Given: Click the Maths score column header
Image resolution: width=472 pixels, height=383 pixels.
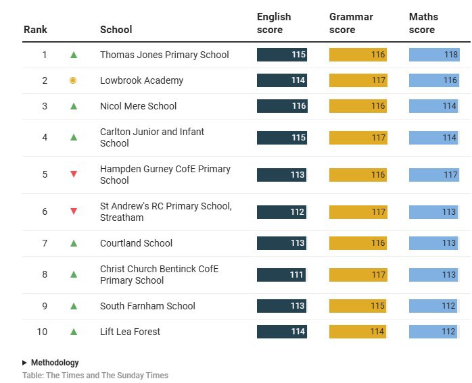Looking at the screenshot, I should (423, 23).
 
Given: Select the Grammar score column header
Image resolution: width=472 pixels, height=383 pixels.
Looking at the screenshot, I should (351, 23).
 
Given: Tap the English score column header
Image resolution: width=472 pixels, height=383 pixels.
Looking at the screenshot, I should (274, 23).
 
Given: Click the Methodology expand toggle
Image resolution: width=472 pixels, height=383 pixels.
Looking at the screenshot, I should (51, 363).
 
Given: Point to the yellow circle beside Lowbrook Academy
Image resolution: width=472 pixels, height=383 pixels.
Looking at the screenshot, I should (73, 80).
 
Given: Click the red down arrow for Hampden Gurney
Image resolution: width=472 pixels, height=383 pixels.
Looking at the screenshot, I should (74, 174).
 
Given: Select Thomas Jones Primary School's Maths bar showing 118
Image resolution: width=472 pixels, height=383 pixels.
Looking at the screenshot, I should (434, 55).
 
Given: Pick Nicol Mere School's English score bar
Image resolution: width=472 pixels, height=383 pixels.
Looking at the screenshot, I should (282, 106).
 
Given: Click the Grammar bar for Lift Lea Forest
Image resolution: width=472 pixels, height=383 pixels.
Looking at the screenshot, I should (357, 332).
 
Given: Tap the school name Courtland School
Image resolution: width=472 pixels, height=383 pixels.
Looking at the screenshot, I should (136, 243).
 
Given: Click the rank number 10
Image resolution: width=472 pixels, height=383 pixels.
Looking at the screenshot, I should (43, 332).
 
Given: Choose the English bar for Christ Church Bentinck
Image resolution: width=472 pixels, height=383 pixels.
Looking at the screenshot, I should (281, 275).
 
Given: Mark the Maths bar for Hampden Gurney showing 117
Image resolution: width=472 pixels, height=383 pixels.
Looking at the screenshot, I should (434, 174).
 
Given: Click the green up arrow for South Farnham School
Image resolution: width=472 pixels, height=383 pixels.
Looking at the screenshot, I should (74, 306).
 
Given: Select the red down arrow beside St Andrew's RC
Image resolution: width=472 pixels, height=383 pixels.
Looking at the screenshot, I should (74, 211).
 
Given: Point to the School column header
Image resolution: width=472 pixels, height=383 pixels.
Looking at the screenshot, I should (116, 29).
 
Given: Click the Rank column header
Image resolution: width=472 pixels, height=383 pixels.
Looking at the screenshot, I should (35, 29).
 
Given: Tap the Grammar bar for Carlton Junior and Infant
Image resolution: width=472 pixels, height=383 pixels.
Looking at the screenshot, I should (358, 137).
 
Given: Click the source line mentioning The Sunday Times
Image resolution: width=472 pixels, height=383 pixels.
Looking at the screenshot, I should (95, 376).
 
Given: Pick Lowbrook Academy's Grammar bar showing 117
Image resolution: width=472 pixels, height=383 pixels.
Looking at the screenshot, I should (358, 80).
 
